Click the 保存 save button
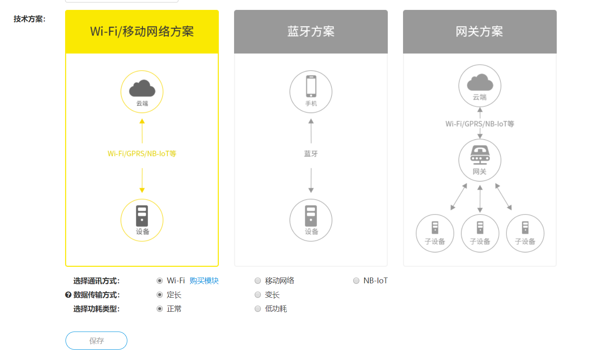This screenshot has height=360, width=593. click(x=96, y=341)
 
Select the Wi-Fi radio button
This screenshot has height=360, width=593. click(x=159, y=281)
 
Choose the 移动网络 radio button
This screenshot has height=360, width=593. click(x=258, y=281)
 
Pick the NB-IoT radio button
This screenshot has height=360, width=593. click(x=356, y=281)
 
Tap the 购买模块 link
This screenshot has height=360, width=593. click(x=204, y=281)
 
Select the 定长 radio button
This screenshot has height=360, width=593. click(x=159, y=295)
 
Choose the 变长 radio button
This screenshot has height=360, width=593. click(x=258, y=295)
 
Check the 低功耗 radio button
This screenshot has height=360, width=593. click(x=258, y=309)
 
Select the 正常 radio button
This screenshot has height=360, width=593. click(x=159, y=309)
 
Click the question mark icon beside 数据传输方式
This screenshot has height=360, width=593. click(x=68, y=295)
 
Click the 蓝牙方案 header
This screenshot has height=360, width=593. click(x=311, y=32)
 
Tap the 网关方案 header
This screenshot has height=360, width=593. click(x=479, y=32)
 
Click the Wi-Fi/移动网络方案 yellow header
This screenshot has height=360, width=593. click(x=142, y=32)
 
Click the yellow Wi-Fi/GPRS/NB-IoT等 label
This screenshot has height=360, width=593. click(x=142, y=154)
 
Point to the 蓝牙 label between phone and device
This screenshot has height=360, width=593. click(x=311, y=154)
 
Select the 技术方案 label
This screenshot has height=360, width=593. click(x=29, y=19)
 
